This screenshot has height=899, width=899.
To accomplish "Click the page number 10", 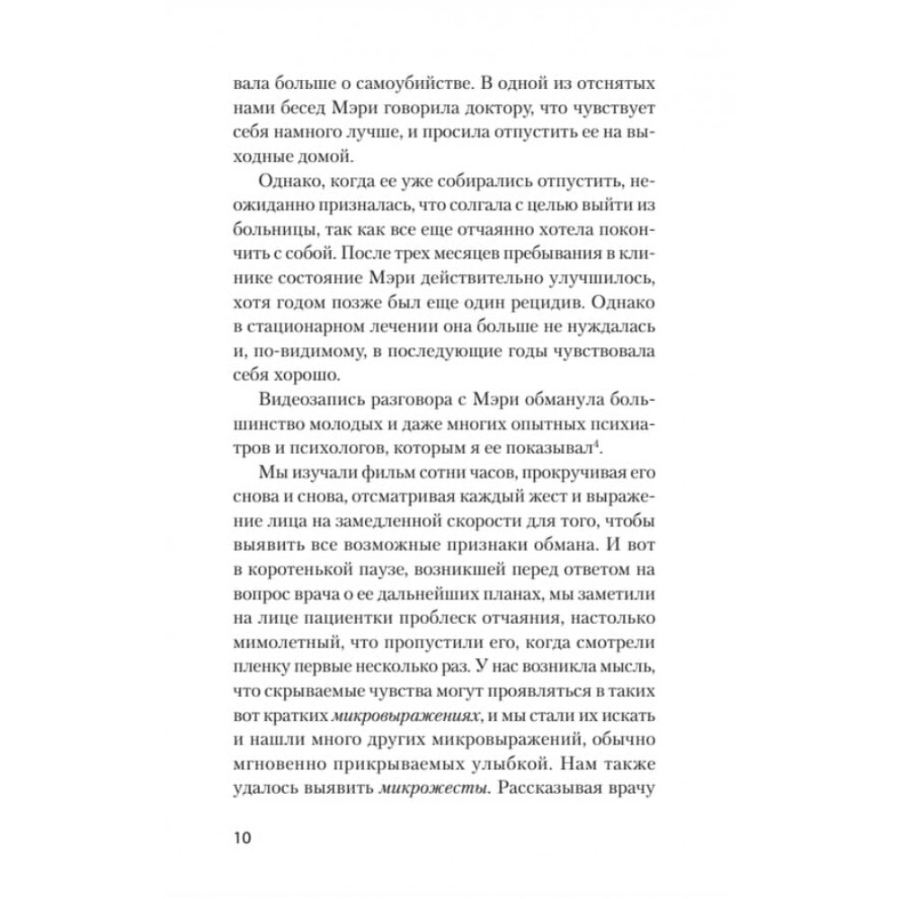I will point(242,839).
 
